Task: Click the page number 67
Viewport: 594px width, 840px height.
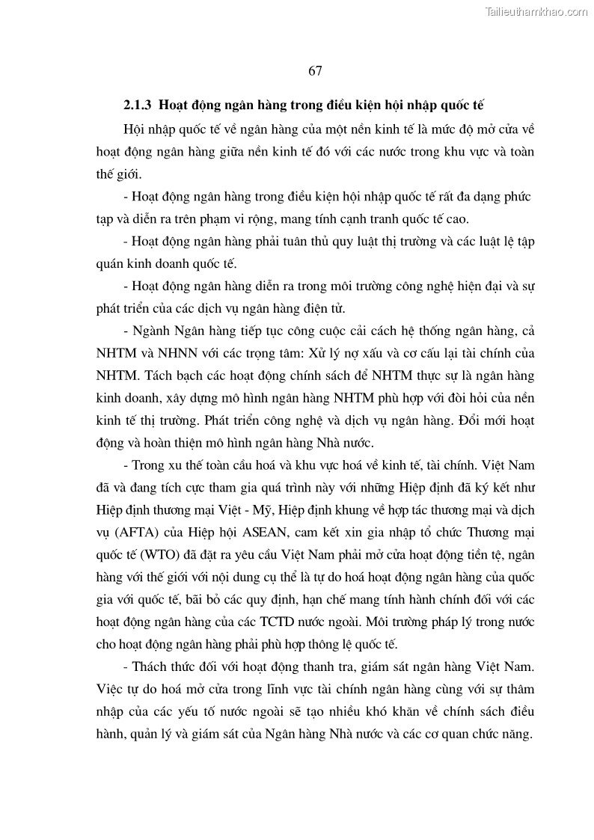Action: point(314,71)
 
